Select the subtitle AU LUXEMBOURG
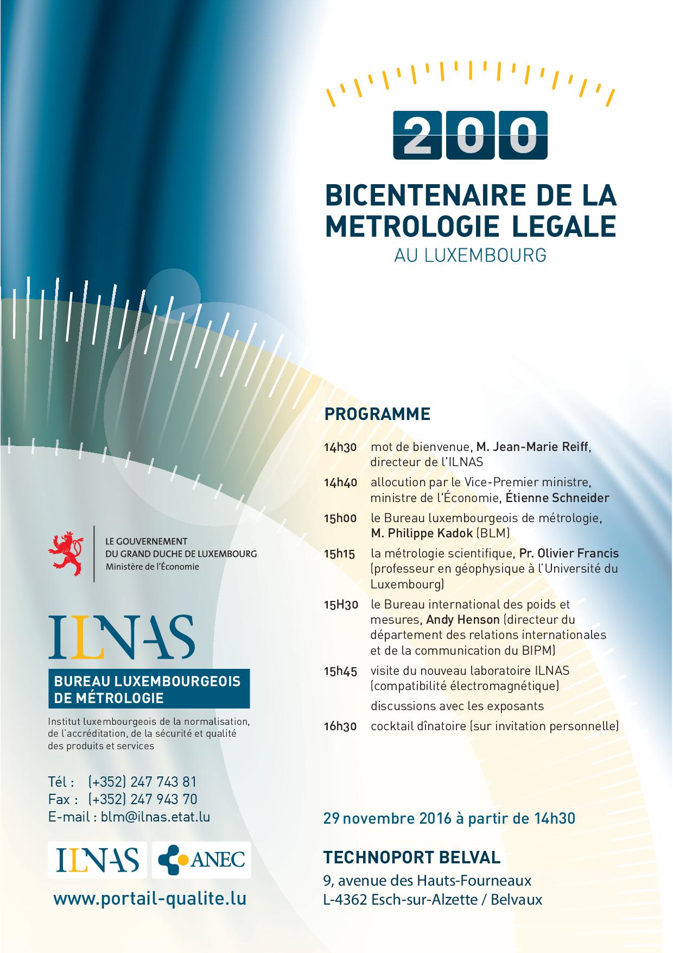click(x=470, y=255)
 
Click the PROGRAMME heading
click(x=377, y=414)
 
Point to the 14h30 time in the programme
click(x=340, y=448)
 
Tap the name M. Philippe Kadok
click(x=422, y=533)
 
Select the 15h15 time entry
click(x=339, y=554)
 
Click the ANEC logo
click(x=201, y=860)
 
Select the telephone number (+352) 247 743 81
click(x=142, y=782)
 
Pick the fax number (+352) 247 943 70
click(x=142, y=799)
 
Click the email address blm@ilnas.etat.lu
click(x=155, y=817)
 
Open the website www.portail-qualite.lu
click(x=150, y=898)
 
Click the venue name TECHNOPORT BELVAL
click(x=412, y=857)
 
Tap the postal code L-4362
click(x=345, y=900)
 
